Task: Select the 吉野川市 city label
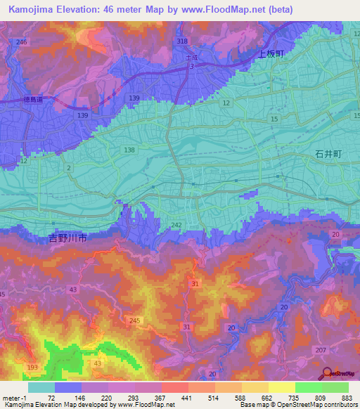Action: [x=68, y=239]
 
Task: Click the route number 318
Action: [x=182, y=41]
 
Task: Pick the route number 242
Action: [x=176, y=225]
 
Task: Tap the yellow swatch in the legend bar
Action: [x=282, y=387]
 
